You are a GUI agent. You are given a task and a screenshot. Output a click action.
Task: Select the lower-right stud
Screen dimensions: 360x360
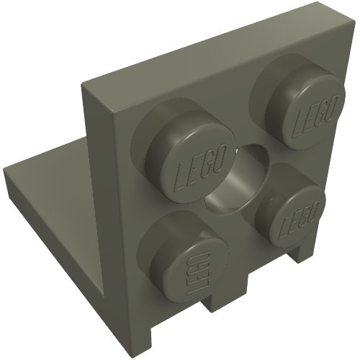290,210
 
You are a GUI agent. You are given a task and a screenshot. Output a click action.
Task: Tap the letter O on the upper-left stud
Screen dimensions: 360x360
220,157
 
